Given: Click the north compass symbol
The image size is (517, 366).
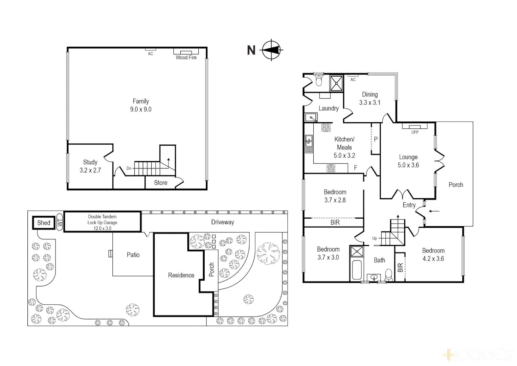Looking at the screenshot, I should point(271,50).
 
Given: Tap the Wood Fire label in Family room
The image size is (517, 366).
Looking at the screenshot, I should point(186,58).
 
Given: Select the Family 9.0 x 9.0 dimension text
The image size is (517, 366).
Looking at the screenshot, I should point(141,109).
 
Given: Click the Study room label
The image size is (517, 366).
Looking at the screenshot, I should point(90,162).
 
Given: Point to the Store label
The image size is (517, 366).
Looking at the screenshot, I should point(161,183).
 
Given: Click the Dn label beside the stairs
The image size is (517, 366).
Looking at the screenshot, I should point(129,168).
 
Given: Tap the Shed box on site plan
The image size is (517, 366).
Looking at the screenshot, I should point(44,223).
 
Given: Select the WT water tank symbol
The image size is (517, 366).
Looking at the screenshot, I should point(60,222).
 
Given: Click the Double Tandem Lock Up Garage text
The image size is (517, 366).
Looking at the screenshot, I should point(102,220).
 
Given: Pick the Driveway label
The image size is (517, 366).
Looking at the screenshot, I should point(223,222).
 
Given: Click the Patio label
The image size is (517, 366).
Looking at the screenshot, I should point(133,255).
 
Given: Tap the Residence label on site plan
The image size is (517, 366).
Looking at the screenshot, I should point(181,275).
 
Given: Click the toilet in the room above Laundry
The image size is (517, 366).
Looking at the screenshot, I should point(319,81).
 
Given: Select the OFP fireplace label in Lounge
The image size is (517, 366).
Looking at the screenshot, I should point(415,132).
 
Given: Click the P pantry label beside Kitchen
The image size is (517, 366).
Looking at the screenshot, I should point(376,139).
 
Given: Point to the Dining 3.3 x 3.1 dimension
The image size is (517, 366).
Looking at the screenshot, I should point(370,103).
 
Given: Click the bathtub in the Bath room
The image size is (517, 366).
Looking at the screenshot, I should point(357,269).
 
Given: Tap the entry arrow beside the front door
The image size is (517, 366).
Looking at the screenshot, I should point(434,211).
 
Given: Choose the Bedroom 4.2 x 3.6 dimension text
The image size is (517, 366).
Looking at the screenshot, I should point(433,259).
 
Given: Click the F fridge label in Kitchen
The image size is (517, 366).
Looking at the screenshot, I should point(356,168).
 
